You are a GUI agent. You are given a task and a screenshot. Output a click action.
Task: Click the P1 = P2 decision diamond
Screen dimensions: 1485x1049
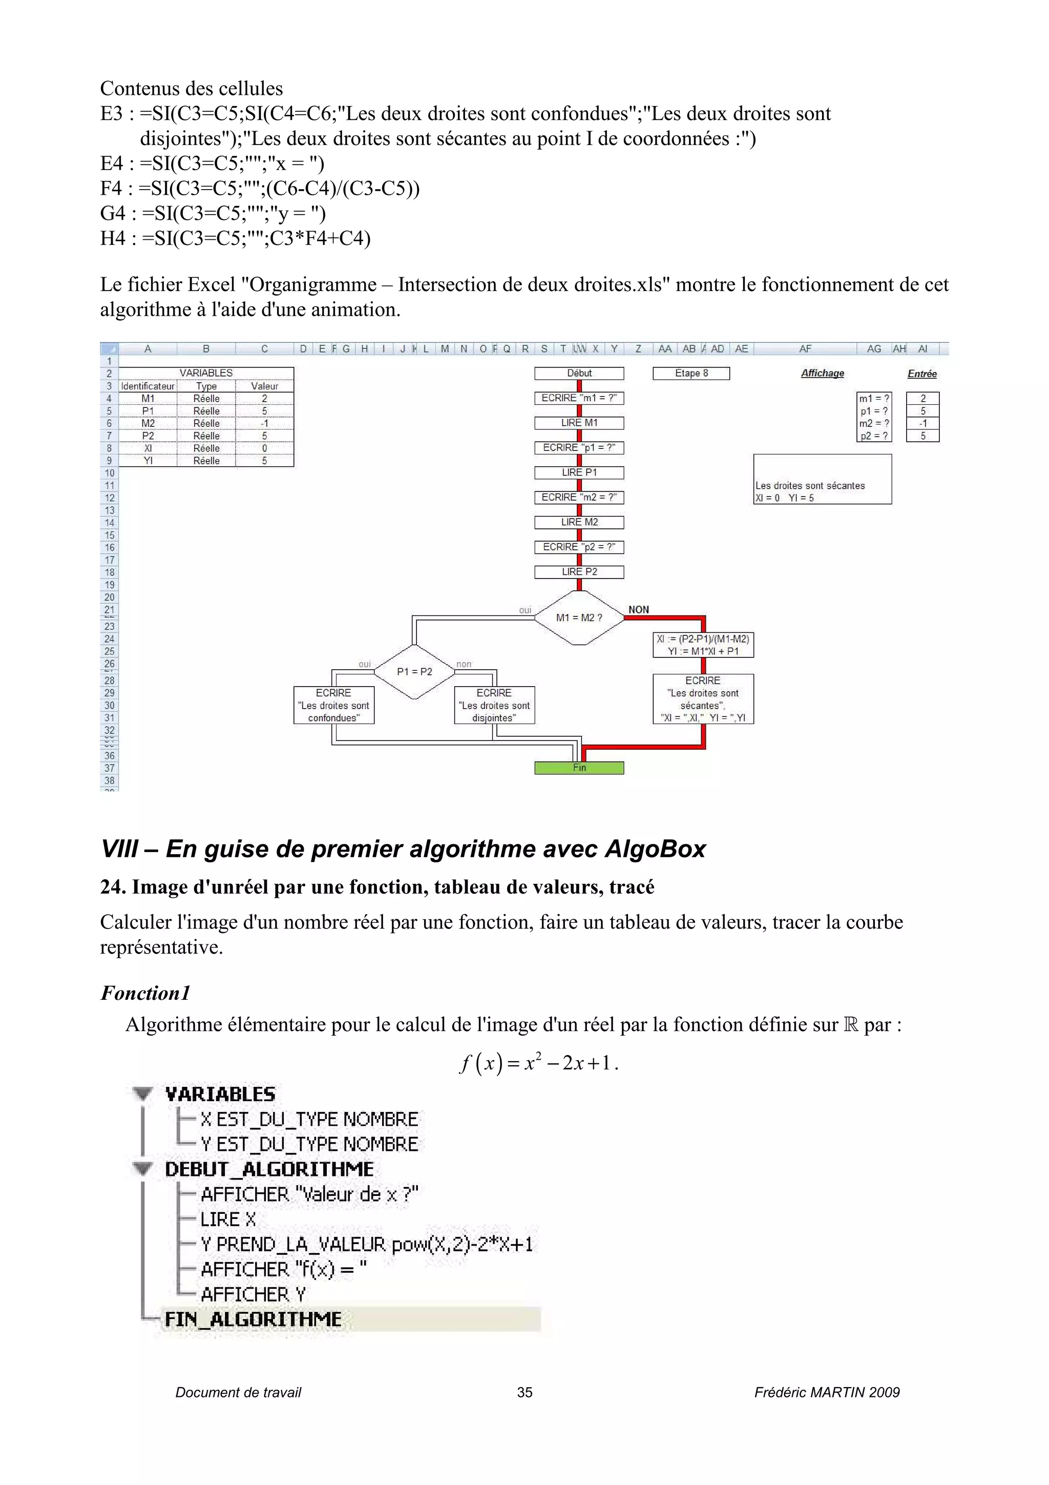414,671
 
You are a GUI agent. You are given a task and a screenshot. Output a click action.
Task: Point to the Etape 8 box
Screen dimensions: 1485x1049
691,373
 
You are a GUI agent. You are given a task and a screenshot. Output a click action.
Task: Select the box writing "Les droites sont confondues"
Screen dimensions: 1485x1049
333,705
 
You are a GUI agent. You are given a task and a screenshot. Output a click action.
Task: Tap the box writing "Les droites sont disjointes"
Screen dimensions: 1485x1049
494,705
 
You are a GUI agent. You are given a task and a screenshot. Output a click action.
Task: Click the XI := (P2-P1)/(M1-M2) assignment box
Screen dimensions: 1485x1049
703,645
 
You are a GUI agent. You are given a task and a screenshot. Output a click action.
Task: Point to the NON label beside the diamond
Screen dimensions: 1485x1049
639,609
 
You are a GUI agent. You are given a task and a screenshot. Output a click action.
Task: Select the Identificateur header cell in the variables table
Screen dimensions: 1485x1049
148,386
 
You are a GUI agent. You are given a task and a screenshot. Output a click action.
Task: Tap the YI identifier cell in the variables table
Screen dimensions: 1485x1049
148,461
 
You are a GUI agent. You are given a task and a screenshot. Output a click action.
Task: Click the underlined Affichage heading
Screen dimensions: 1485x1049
822,373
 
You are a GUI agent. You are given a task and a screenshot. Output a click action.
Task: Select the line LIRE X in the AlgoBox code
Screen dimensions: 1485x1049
228,1219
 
